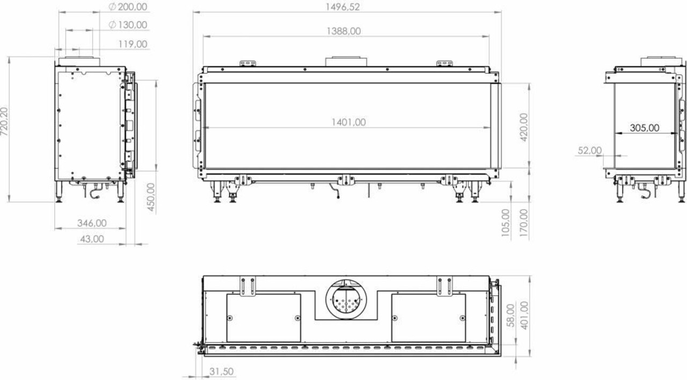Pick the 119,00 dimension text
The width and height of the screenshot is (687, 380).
click(x=133, y=44)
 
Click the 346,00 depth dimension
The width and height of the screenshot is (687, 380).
click(x=92, y=222)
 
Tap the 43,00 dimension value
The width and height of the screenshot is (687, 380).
click(x=91, y=239)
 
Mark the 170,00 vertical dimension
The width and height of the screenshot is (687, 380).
click(x=524, y=224)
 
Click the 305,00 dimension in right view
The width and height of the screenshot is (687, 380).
click(x=644, y=128)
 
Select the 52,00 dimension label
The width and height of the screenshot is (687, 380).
click(x=589, y=151)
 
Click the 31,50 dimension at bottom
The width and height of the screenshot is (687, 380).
click(x=220, y=371)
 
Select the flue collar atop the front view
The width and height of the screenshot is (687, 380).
click(x=346, y=61)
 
